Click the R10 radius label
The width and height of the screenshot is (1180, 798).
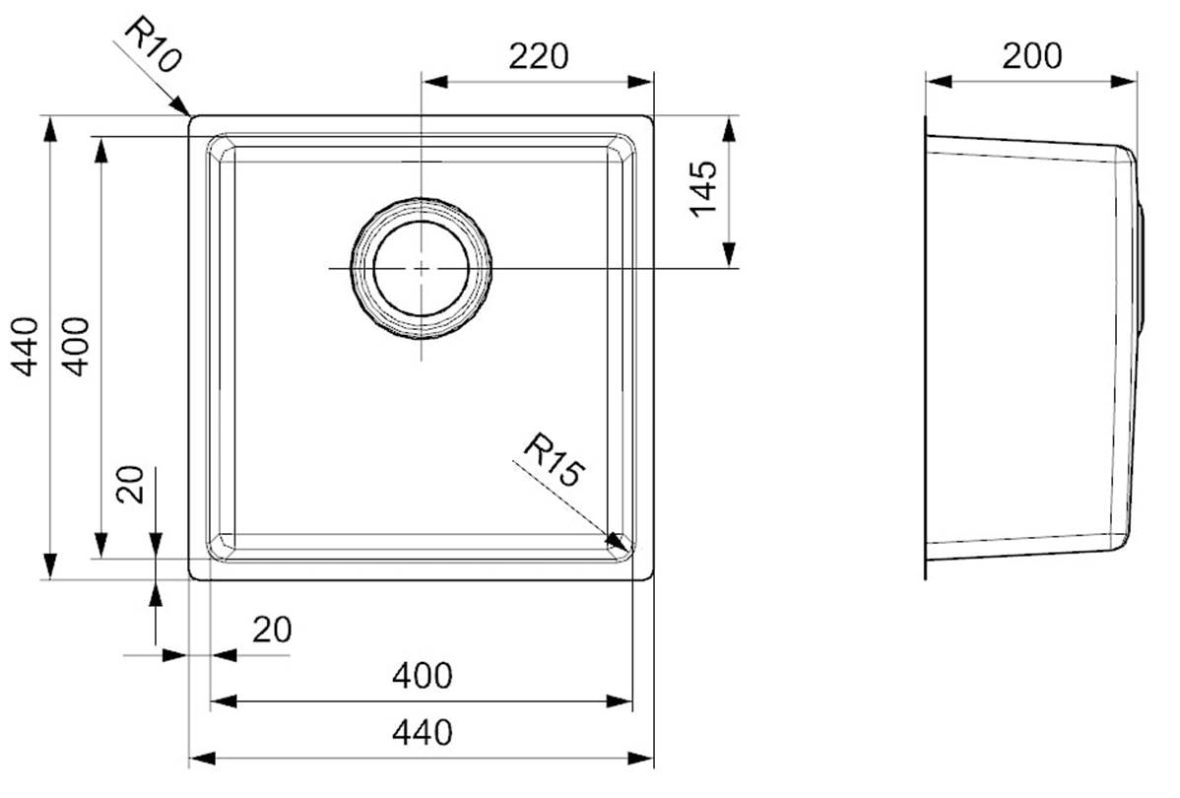153,45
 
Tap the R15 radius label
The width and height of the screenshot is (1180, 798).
554,459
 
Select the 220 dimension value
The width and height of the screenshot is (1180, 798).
538,56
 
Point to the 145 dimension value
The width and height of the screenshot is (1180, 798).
704,188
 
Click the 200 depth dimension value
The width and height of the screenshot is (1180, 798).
1031,56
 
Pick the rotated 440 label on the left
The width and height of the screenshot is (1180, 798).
27,347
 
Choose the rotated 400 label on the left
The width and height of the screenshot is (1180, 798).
75,347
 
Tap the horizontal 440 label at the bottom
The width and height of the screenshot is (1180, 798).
423,732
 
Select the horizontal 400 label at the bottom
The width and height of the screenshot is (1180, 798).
423,675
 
